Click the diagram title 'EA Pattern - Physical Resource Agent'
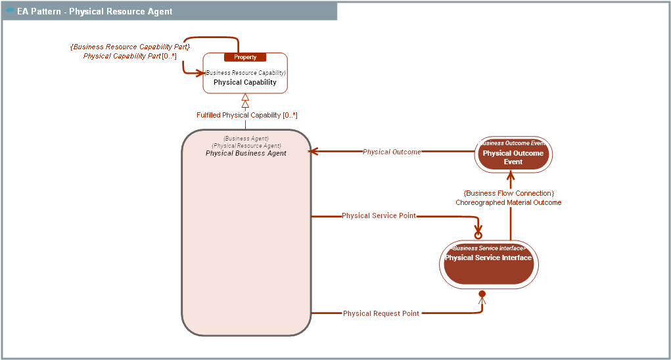click(x=95, y=11)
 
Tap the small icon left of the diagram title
click(x=10, y=11)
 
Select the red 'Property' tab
click(x=245, y=57)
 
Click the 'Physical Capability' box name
click(x=245, y=83)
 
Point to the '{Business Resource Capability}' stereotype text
click(x=245, y=73)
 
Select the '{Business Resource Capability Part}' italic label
click(x=130, y=47)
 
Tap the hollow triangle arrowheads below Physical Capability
click(x=245, y=101)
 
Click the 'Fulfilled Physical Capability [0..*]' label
click(x=247, y=116)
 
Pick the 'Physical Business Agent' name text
click(x=246, y=153)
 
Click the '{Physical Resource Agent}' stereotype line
click(x=246, y=146)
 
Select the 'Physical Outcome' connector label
click(x=392, y=152)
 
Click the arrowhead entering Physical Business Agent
click(x=313, y=152)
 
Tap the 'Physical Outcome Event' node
click(x=513, y=157)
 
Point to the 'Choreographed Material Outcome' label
click(x=509, y=203)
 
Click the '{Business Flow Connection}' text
click(x=509, y=194)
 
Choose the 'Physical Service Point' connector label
click(x=379, y=216)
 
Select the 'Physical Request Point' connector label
click(x=381, y=314)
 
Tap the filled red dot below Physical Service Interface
click(x=482, y=294)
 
